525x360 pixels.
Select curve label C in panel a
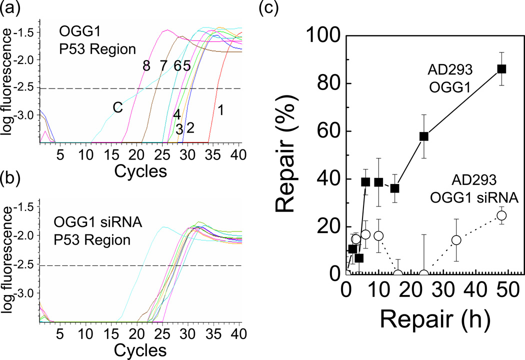point(117,108)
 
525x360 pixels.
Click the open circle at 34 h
point(456,240)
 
